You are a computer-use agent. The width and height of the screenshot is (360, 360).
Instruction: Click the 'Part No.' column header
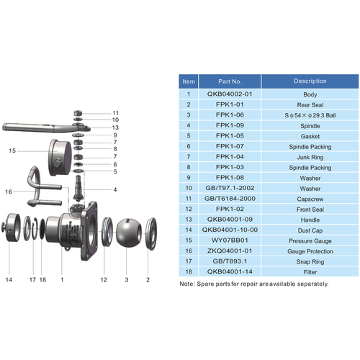coord(230,82)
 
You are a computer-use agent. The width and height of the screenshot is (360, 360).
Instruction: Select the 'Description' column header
coord(310,82)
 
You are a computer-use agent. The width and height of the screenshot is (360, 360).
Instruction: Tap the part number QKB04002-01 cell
coord(230,94)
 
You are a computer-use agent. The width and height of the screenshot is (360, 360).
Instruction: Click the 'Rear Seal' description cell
coord(310,104)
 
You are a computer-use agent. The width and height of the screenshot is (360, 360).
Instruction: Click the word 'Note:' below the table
coord(186,284)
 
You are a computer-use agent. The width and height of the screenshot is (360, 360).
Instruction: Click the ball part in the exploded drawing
coord(127,229)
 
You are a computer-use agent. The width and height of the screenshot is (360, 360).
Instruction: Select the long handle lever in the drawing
coord(36,128)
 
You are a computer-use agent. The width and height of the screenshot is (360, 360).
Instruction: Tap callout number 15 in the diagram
coord(12,151)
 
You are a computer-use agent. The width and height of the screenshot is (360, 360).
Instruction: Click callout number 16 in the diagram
coord(9,192)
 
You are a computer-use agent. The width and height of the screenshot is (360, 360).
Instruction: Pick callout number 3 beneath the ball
coord(127,278)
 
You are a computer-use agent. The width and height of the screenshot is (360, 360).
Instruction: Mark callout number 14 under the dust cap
coord(9,278)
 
